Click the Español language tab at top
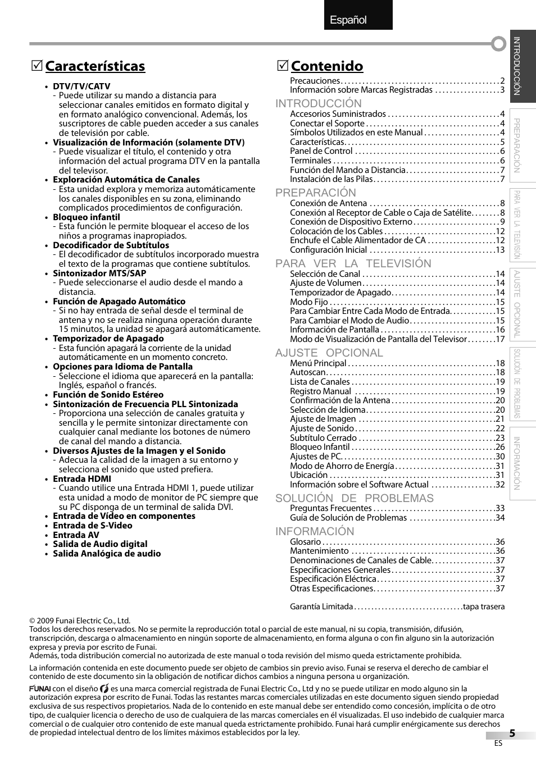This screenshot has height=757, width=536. click(348, 20)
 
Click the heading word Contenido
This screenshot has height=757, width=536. click(327, 66)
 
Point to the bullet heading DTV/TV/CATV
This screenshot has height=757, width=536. click(81, 86)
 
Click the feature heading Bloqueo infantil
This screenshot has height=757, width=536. click(86, 217)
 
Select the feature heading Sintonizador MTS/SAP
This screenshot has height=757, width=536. click(99, 273)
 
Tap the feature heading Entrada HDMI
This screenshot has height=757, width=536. click(81, 479)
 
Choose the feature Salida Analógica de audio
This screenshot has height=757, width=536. click(107, 554)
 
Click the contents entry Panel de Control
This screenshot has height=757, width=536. click(321, 151)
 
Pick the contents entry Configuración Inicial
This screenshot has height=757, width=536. click(328, 250)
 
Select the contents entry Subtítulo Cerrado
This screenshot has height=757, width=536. click(323, 438)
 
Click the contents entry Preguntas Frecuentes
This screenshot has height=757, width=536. click(330, 508)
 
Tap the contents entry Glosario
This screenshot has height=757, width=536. click(305, 542)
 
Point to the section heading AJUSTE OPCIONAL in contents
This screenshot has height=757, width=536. click(329, 353)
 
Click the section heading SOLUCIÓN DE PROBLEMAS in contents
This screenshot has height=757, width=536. click(354, 498)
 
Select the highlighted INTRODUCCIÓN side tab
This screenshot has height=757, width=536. click(523, 66)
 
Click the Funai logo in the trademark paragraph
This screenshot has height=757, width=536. click(40, 688)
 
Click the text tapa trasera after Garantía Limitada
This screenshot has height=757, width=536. click(484, 606)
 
